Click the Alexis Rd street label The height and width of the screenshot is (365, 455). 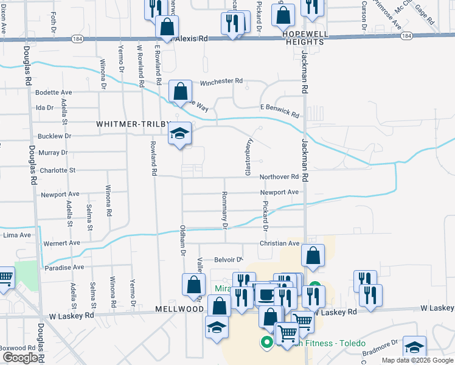(192, 38)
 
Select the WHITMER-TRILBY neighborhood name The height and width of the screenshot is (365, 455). (130, 124)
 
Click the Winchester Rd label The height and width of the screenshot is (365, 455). (221, 81)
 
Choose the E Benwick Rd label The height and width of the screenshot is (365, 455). (280, 111)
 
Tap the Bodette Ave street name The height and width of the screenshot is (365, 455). (54, 92)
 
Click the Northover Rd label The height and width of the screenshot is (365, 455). (279, 177)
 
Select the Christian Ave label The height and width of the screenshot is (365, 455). (280, 243)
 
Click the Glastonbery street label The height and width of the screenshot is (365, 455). (248, 157)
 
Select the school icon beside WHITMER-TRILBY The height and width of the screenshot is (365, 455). (180, 134)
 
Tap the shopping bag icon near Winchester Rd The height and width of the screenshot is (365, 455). (181, 92)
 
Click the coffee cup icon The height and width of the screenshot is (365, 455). (265, 294)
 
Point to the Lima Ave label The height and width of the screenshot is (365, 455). (17, 235)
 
